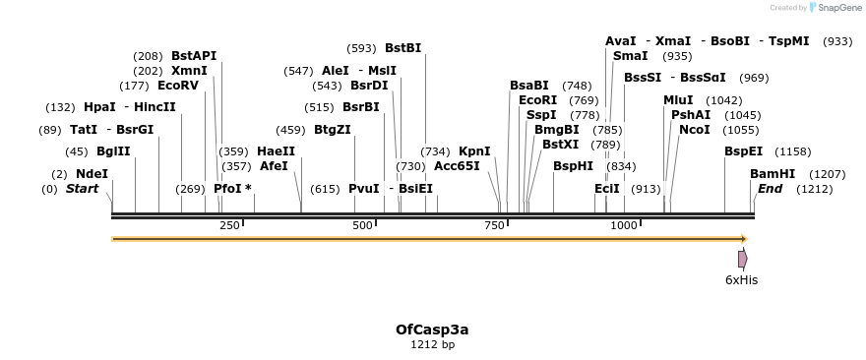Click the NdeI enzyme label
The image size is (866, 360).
click(x=92, y=174)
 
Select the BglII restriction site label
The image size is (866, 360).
click(x=113, y=151)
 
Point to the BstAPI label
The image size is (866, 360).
click(x=194, y=56)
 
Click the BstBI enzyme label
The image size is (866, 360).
click(x=402, y=48)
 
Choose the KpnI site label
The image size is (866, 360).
click(x=474, y=151)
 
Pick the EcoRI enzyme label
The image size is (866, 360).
click(x=537, y=100)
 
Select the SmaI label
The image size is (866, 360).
click(x=630, y=56)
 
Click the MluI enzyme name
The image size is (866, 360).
click(x=678, y=100)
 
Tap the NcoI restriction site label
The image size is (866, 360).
click(x=695, y=130)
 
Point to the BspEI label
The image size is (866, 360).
click(x=743, y=151)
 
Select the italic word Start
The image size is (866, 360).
click(x=82, y=189)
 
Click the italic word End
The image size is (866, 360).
click(x=771, y=189)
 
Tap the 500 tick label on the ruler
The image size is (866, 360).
click(x=362, y=225)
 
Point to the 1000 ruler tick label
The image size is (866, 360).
click(x=624, y=225)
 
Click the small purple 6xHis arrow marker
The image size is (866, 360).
click(x=743, y=259)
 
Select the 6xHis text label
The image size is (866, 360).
click(x=741, y=279)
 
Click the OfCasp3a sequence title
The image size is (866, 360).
click(x=432, y=329)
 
